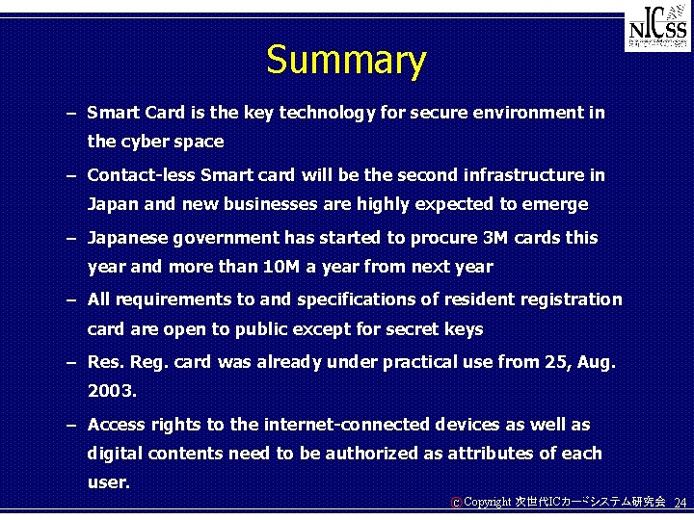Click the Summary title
(x=346, y=60)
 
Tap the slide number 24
(x=681, y=503)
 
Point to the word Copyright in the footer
(x=489, y=503)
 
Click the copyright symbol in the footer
(x=456, y=503)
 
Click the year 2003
(x=111, y=392)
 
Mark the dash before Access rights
(x=71, y=426)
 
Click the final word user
(x=108, y=482)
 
